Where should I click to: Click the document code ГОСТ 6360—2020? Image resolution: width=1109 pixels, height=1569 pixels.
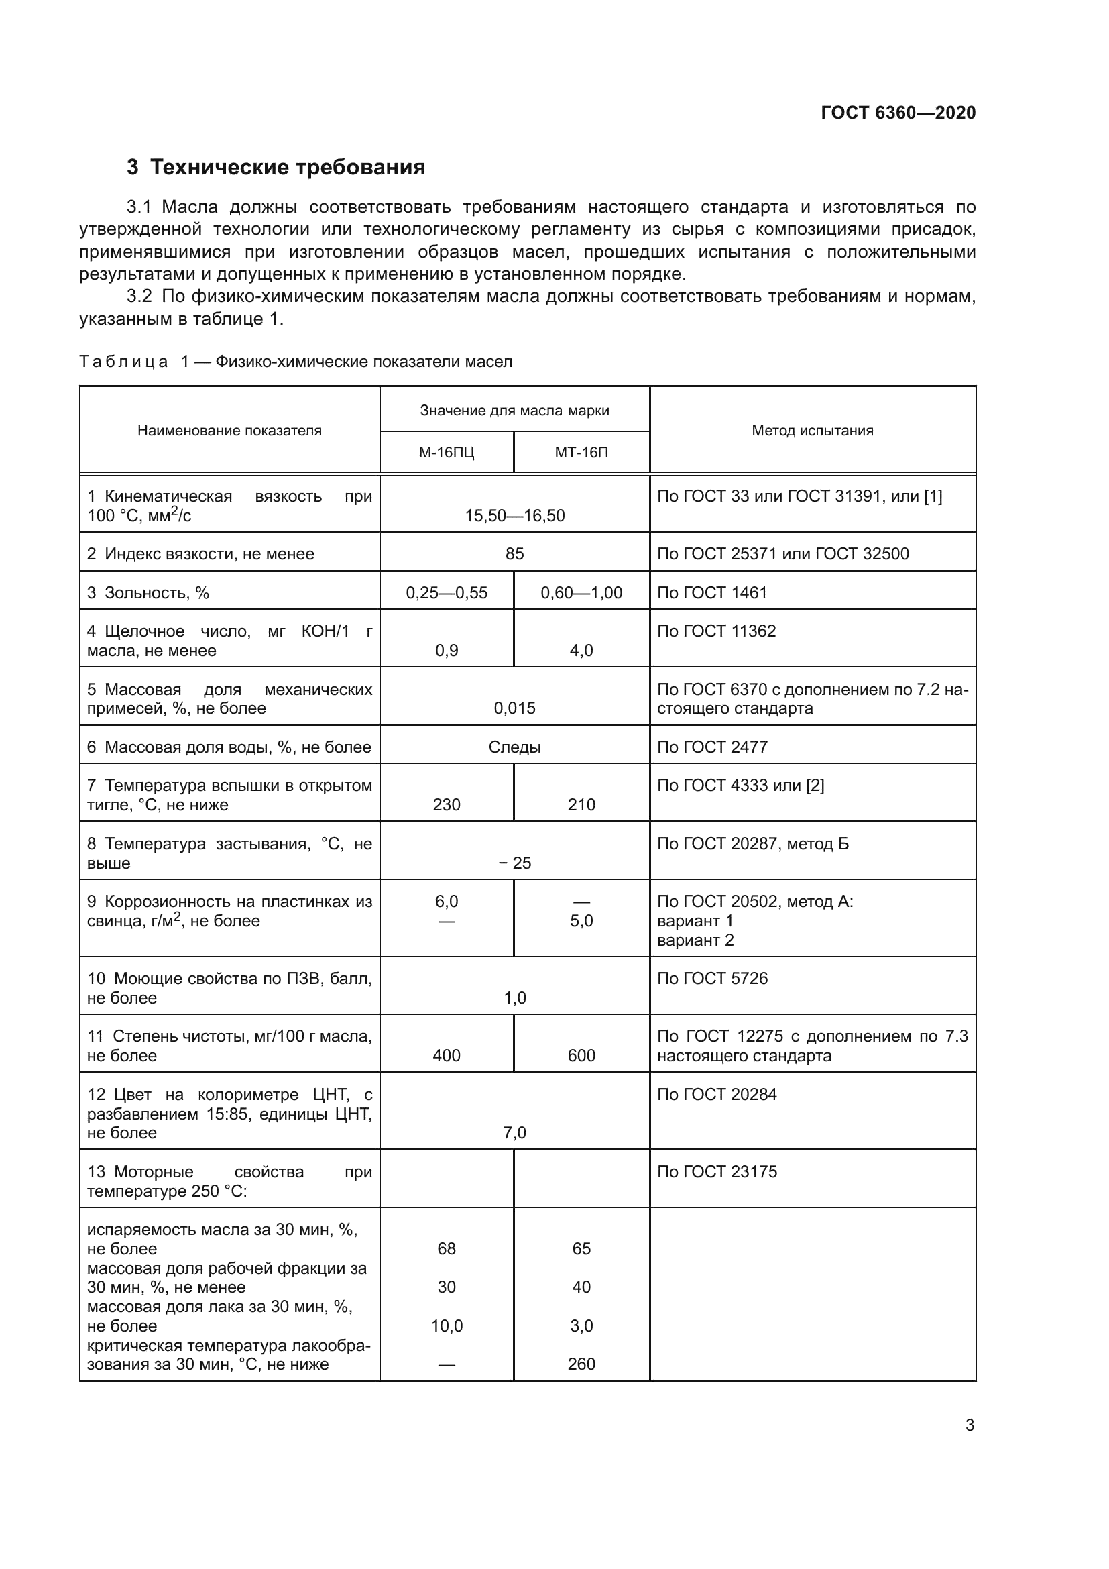pyautogui.click(x=898, y=113)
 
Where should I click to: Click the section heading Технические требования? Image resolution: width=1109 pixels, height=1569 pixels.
pyautogui.click(x=287, y=168)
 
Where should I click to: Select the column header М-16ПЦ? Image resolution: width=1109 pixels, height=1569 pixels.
pyautogui.click(x=446, y=452)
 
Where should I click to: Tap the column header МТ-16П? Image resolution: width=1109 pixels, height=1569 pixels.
pyautogui.click(x=581, y=452)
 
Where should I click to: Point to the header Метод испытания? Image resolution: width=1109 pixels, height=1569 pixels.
pyautogui.click(x=812, y=431)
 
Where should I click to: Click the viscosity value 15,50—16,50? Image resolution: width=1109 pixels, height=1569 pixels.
pyautogui.click(x=515, y=516)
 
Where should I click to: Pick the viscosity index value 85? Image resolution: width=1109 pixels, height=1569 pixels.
pyautogui.click(x=514, y=554)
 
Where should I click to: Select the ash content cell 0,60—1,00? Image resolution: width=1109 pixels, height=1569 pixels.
pyautogui.click(x=581, y=592)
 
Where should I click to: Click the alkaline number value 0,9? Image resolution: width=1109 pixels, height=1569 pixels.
pyautogui.click(x=447, y=651)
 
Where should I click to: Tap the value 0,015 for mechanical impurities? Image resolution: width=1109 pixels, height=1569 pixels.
pyautogui.click(x=514, y=708)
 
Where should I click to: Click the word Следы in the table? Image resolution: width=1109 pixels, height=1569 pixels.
pyautogui.click(x=514, y=747)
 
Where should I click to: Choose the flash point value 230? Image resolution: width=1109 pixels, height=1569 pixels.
pyautogui.click(x=447, y=804)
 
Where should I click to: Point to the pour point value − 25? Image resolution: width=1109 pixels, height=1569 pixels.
pyautogui.click(x=515, y=863)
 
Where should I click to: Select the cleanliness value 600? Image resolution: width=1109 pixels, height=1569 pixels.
pyautogui.click(x=581, y=1056)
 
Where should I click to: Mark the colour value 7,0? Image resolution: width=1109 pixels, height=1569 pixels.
pyautogui.click(x=514, y=1133)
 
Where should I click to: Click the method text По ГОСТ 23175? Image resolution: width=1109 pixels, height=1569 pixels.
pyautogui.click(x=717, y=1172)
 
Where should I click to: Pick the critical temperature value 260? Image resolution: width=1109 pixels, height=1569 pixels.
pyautogui.click(x=581, y=1364)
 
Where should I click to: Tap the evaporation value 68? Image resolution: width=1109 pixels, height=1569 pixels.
pyautogui.click(x=447, y=1249)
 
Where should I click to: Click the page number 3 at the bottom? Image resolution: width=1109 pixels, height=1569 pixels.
pyautogui.click(x=969, y=1425)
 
